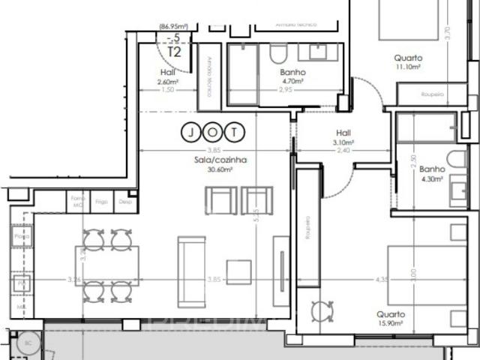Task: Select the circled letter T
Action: click(x=236, y=133)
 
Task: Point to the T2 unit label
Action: click(x=174, y=52)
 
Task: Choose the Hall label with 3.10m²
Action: click(x=344, y=133)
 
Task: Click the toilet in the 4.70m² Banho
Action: click(x=277, y=54)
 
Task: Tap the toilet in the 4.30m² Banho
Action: click(x=456, y=159)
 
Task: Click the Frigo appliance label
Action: click(x=100, y=202)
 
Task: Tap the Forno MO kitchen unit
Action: click(x=76, y=202)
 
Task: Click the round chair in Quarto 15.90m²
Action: click(x=322, y=310)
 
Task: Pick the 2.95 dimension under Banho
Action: click(x=285, y=89)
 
